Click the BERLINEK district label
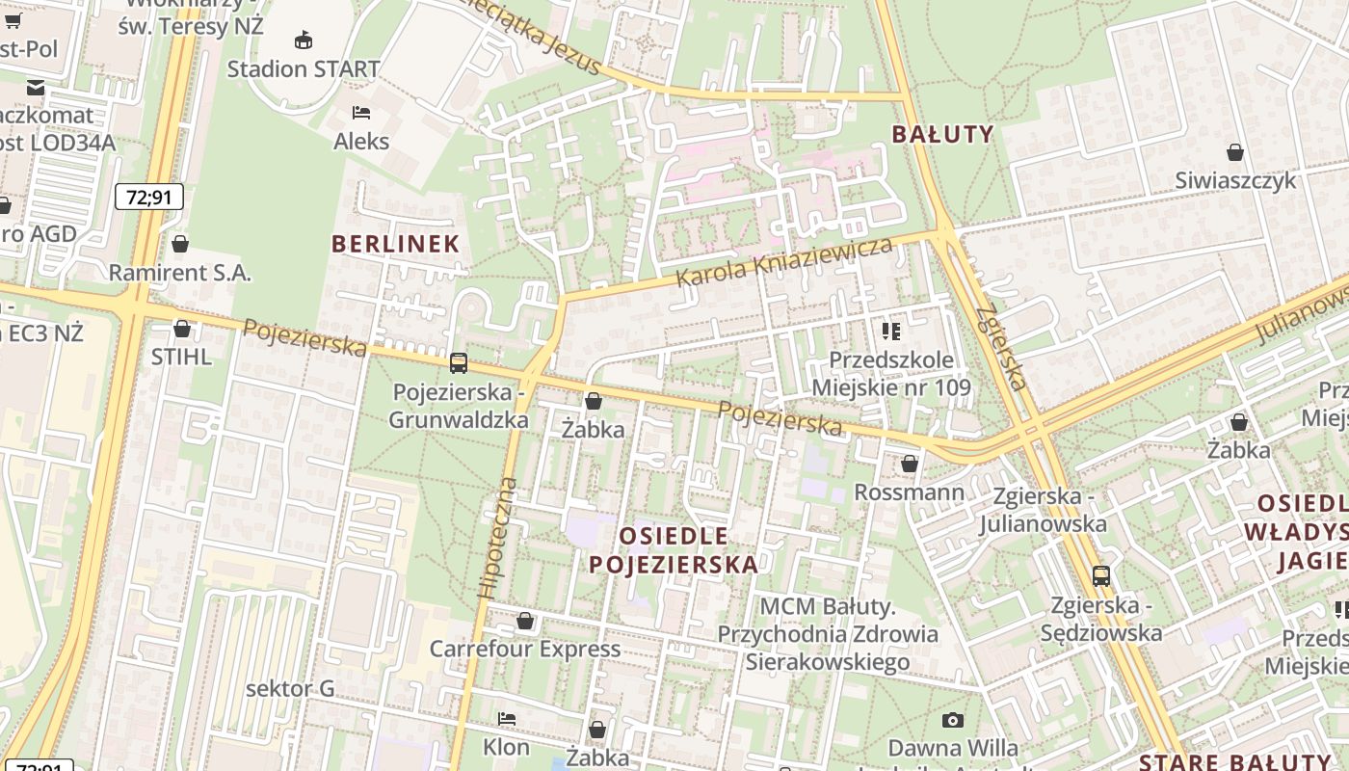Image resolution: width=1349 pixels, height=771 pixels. [x=395, y=244]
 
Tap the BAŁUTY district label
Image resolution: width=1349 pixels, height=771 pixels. [x=942, y=134]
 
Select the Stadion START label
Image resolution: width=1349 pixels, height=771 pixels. [x=304, y=69]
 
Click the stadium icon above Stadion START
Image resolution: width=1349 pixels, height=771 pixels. [x=304, y=40]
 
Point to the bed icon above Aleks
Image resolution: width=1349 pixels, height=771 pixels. [x=361, y=113]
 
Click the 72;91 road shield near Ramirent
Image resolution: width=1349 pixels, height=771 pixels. [x=148, y=198]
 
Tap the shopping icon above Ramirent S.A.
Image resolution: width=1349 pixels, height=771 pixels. [x=179, y=243]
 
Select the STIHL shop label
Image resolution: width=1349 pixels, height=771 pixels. [x=181, y=357]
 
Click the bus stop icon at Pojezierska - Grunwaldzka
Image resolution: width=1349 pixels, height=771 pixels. [x=459, y=363]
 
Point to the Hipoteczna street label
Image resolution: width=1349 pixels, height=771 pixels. [x=498, y=538]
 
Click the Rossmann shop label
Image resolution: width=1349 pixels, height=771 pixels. [x=909, y=492]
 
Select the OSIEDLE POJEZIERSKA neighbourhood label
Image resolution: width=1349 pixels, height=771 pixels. [x=674, y=550]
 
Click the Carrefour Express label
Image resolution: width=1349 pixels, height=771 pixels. [x=525, y=649]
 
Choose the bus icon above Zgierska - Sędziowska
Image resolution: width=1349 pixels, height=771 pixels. [x=1100, y=576]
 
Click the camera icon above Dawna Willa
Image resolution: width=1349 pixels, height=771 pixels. [x=952, y=720]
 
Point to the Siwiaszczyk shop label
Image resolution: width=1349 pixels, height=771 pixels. [x=1235, y=180]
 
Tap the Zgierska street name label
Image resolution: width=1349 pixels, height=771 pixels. [x=1001, y=348]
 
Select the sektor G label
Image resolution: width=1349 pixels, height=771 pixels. [x=290, y=688]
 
